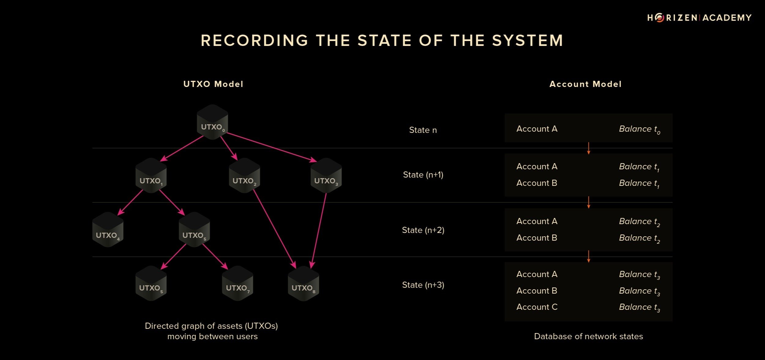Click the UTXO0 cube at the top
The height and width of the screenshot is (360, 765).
212,122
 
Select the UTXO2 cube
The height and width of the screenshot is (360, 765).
244,176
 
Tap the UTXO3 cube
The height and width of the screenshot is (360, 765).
326,176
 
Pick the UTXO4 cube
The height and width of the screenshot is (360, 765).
108,230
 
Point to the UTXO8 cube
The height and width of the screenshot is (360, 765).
303,283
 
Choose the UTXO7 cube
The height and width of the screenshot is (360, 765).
237,283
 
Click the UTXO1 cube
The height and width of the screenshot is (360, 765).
151,176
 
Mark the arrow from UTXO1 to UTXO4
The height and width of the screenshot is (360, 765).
130,202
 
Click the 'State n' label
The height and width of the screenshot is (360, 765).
423,130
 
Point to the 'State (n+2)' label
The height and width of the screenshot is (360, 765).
423,230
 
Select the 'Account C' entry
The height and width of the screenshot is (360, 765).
537,307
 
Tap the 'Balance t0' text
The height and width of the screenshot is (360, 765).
639,129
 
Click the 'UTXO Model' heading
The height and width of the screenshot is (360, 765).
213,84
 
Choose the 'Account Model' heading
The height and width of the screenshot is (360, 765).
585,84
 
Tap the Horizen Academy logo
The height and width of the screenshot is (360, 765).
699,18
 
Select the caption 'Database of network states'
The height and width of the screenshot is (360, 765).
588,336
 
